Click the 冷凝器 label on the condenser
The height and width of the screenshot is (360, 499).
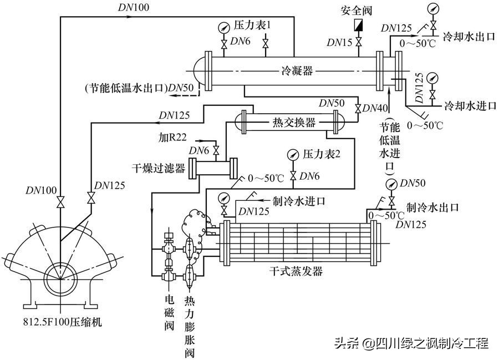click(x=297, y=70)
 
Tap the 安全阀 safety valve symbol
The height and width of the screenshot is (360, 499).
click(x=359, y=25)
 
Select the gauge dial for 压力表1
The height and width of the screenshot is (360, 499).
click(x=224, y=27)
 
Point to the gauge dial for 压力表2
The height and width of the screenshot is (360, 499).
click(x=292, y=155)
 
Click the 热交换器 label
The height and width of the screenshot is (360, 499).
click(x=293, y=122)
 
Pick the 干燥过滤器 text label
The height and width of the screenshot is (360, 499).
click(x=159, y=168)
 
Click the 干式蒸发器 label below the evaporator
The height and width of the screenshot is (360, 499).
click(x=296, y=271)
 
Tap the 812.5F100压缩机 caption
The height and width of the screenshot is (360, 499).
click(x=62, y=322)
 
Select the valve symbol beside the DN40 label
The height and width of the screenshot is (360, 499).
click(x=358, y=108)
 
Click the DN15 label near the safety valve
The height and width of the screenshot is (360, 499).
click(x=339, y=42)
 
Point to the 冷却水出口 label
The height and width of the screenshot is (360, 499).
click(x=469, y=37)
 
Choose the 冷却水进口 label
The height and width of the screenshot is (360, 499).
click(x=470, y=106)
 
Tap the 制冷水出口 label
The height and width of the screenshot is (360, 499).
click(x=432, y=207)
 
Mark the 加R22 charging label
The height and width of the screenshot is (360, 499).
click(x=172, y=137)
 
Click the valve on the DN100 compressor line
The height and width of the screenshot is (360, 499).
click(x=60, y=202)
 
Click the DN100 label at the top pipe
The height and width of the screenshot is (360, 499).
click(x=133, y=7)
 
